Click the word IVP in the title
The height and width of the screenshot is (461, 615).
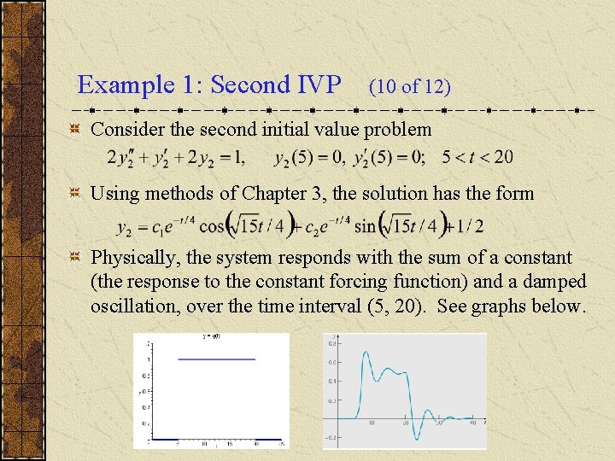click(319, 85)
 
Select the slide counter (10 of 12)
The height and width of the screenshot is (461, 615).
click(409, 86)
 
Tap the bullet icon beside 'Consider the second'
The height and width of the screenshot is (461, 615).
click(75, 130)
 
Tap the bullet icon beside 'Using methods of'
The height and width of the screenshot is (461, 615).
click(75, 194)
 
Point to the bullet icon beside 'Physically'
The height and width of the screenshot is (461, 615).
click(75, 258)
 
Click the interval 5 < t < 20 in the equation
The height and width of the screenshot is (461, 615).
click(477, 157)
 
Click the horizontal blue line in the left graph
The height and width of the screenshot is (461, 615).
click(216, 359)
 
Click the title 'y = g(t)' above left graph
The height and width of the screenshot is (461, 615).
click(212, 337)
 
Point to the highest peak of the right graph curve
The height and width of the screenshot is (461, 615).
click(366, 351)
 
